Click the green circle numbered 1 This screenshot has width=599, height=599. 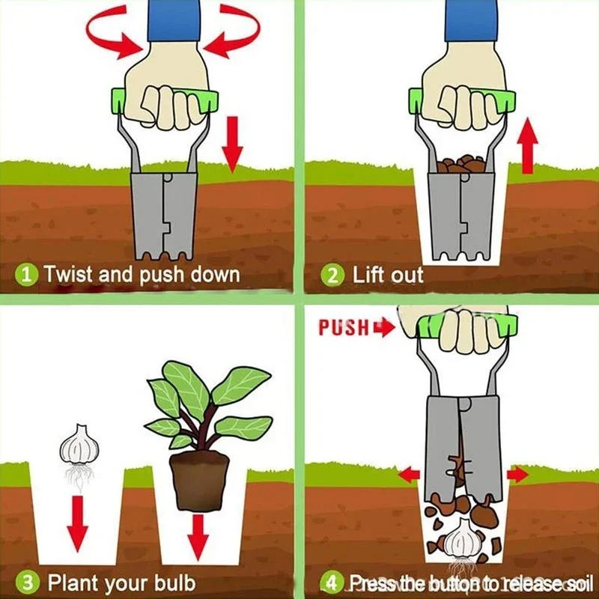tap(25, 274)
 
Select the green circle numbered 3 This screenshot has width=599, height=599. tap(25, 582)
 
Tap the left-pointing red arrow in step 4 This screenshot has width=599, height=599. tap(409, 474)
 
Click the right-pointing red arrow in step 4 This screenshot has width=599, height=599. tap(517, 474)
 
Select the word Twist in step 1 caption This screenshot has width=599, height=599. tap(69, 274)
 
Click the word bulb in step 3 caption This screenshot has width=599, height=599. tap(171, 582)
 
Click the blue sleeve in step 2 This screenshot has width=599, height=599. tap(471, 19)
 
